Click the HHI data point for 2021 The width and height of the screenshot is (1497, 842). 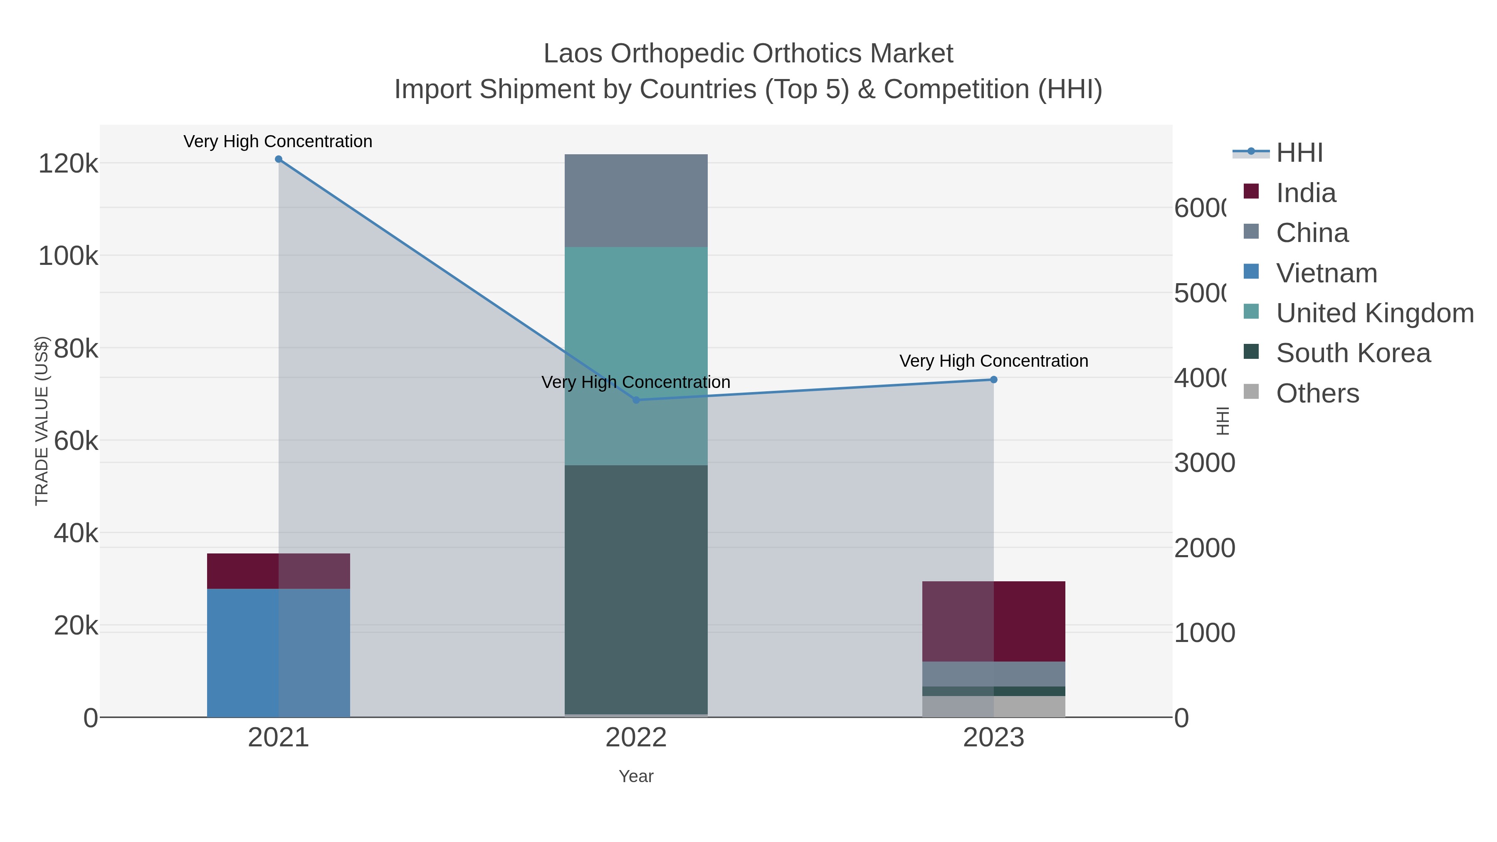tap(278, 159)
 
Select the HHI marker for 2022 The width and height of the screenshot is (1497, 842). tap(636, 400)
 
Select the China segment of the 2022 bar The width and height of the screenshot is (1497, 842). tap(636, 200)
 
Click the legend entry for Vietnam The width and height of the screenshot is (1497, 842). tap(1326, 273)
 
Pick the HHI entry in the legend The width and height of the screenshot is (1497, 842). tap(1299, 153)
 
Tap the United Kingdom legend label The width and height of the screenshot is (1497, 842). tap(1374, 313)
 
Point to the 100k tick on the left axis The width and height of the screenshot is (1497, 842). tap(68, 256)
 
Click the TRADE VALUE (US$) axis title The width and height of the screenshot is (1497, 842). tap(42, 421)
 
